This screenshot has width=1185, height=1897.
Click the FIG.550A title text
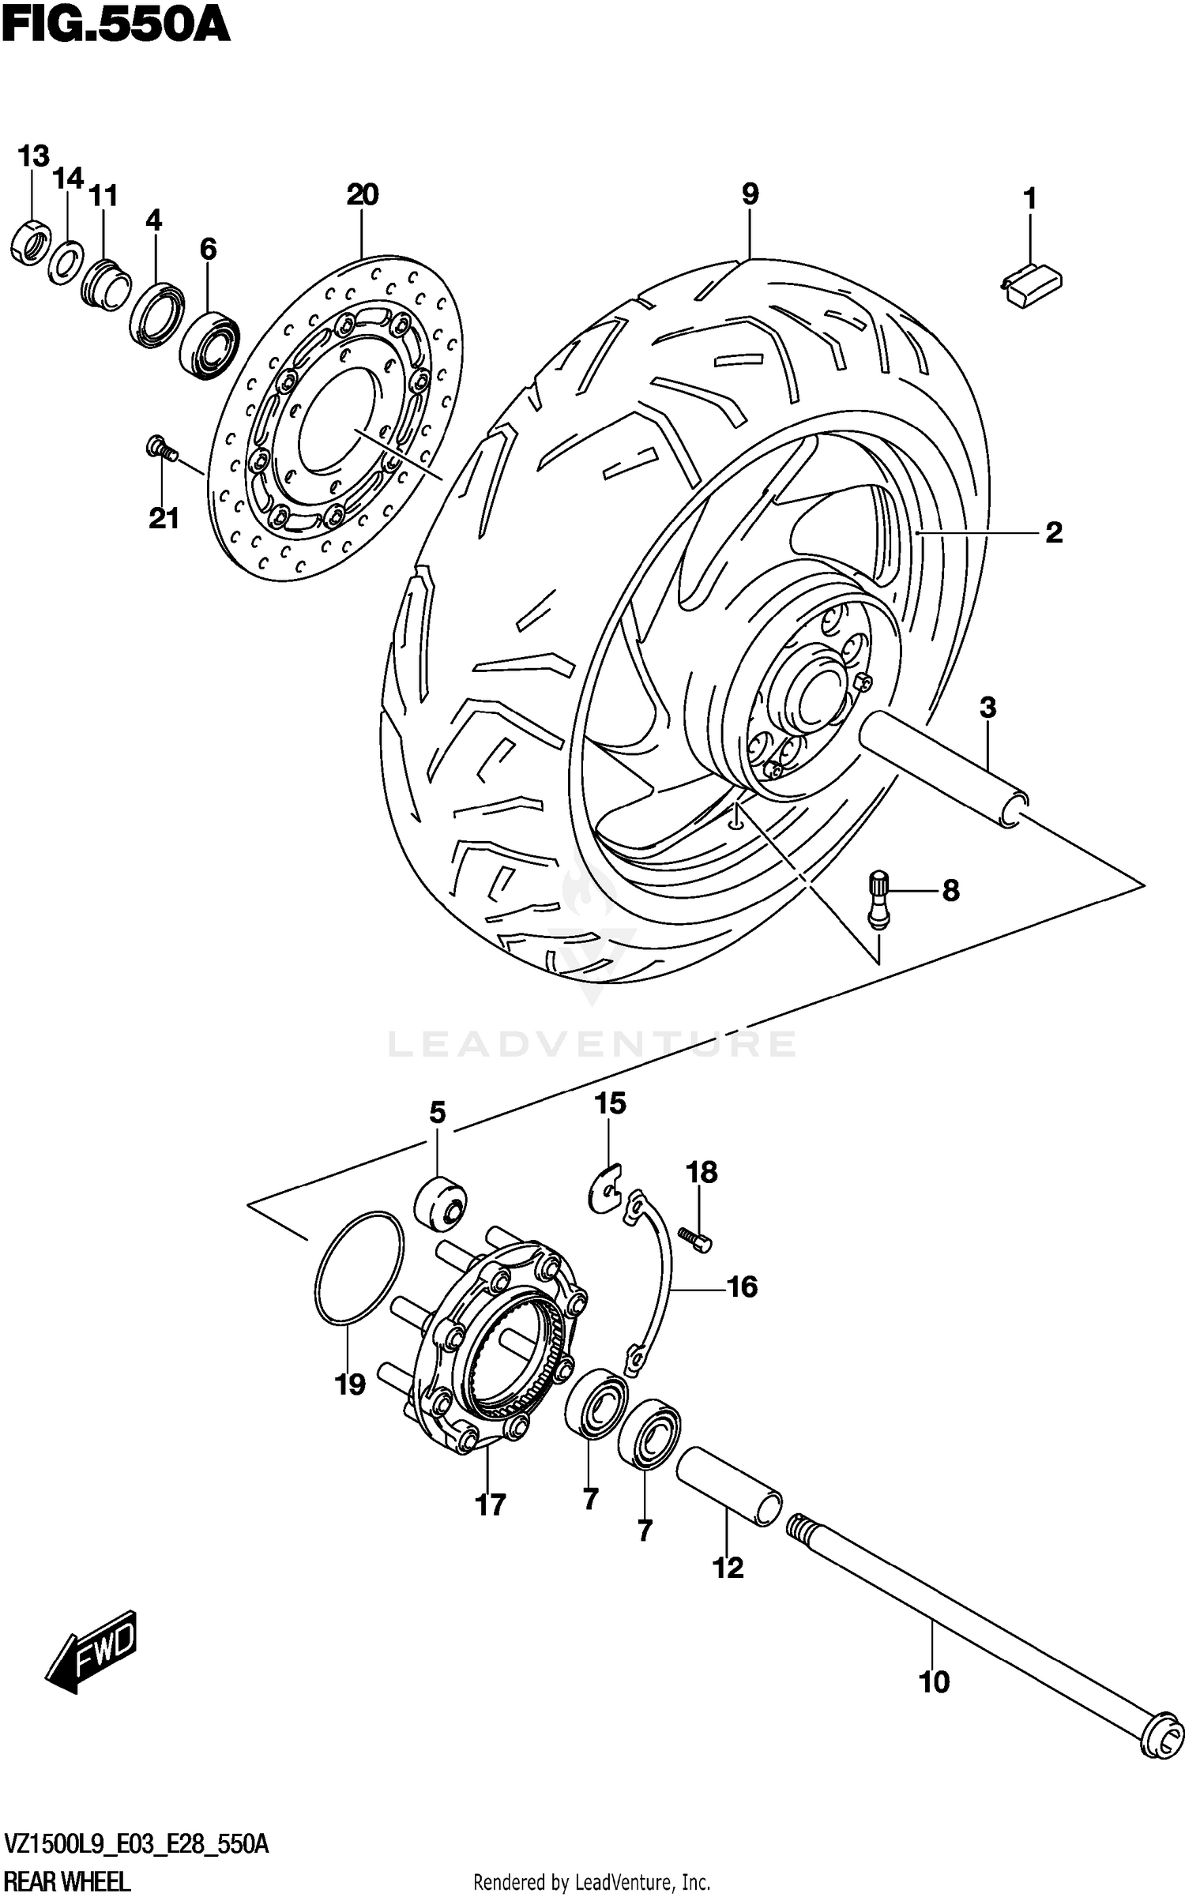click(115, 25)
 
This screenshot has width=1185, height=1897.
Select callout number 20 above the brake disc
click(362, 194)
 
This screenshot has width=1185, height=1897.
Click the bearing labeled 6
click(209, 345)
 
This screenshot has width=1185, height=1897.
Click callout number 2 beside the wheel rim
click(1054, 533)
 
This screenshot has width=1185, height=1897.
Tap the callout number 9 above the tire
click(750, 194)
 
